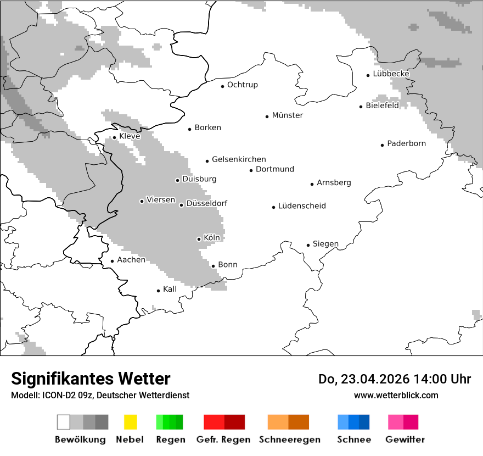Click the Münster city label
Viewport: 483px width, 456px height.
click(x=287, y=115)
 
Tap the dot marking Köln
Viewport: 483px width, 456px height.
click(x=199, y=239)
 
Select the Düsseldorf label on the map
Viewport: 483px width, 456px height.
click(x=207, y=203)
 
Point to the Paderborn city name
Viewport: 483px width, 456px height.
click(x=406, y=143)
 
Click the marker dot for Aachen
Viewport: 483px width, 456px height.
click(x=112, y=262)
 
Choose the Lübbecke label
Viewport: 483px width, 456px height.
click(x=391, y=74)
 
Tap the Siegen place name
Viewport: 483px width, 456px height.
click(x=325, y=244)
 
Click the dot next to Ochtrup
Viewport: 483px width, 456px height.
click(x=222, y=86)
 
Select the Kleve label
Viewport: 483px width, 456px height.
click(x=130, y=136)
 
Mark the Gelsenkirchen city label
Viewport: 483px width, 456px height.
click(x=239, y=159)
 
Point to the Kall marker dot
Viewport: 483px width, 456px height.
click(x=158, y=291)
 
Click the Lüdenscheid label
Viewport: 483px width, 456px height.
click(x=302, y=206)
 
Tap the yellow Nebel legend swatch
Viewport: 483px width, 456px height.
click(x=130, y=422)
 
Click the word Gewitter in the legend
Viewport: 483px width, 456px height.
click(x=405, y=440)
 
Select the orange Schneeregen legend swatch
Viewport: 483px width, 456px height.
click(x=278, y=422)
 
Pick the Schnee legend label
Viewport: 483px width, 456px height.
click(x=353, y=440)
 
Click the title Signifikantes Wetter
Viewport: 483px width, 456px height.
click(x=91, y=379)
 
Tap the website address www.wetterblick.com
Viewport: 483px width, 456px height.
click(x=396, y=395)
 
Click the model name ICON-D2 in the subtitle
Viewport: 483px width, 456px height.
click(x=57, y=395)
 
